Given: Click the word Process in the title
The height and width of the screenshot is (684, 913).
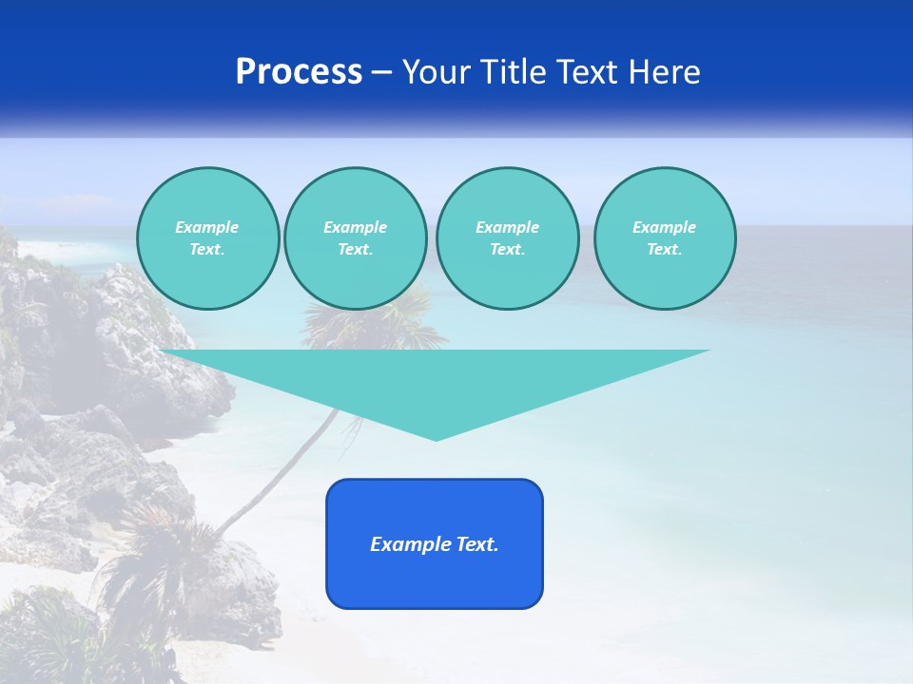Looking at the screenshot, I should (x=299, y=72).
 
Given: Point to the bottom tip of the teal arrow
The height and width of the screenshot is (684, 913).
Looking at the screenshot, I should (x=436, y=438).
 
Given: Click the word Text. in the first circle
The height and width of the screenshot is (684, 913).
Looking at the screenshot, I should (x=207, y=250).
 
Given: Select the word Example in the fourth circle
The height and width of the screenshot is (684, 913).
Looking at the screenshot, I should (x=664, y=227).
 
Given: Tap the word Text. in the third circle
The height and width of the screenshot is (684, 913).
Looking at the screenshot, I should (x=507, y=250).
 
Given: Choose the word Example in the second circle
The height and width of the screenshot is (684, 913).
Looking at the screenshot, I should (x=355, y=227).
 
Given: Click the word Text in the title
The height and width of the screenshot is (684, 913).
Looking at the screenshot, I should (x=584, y=72).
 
